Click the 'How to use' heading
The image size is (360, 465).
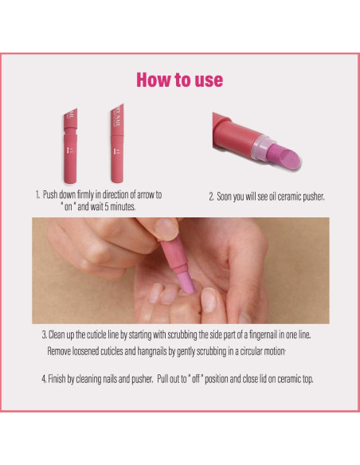[179, 80]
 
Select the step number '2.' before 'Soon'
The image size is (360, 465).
[211, 196]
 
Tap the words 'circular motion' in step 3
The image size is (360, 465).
[260, 350]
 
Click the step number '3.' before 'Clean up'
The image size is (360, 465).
[44, 335]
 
